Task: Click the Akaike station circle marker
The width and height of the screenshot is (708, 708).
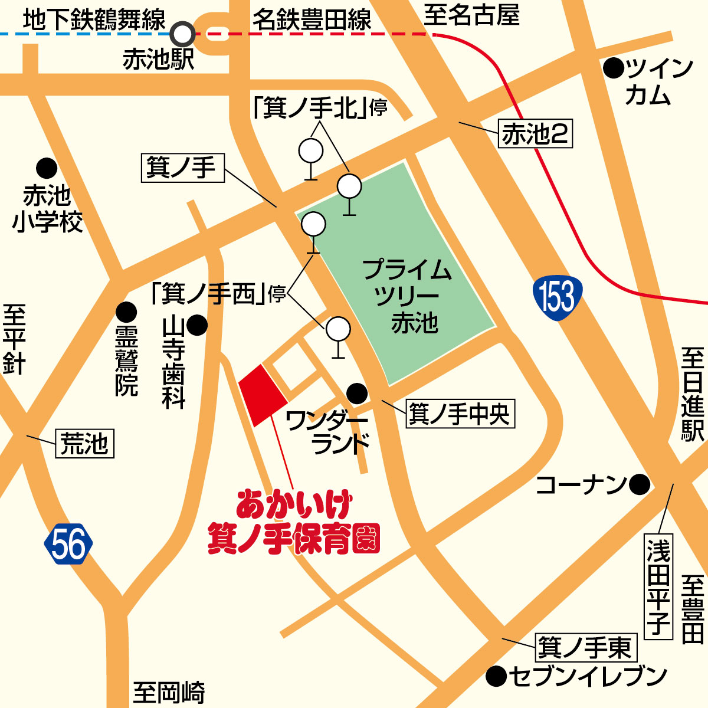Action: (x=182, y=34)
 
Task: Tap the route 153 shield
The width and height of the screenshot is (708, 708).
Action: (x=557, y=296)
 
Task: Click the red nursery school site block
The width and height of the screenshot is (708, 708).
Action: (x=262, y=394)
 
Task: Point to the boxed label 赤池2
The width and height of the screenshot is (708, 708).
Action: (x=535, y=135)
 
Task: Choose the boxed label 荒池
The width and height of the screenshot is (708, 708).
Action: (x=85, y=444)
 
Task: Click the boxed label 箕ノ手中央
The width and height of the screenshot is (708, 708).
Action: (x=460, y=414)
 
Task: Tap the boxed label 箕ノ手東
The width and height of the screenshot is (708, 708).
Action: (x=585, y=648)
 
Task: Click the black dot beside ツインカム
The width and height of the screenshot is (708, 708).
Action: (x=614, y=69)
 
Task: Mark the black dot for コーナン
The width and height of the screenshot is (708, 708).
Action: (x=639, y=485)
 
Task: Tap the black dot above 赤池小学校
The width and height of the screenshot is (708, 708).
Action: (x=47, y=168)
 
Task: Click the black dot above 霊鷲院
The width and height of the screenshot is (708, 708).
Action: (x=126, y=312)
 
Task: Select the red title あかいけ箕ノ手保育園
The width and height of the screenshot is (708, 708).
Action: (x=293, y=522)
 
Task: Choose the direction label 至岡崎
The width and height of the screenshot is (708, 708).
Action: (x=169, y=692)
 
